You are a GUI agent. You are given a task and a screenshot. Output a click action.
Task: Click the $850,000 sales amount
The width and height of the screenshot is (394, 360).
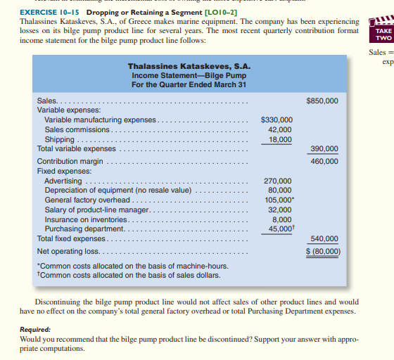322,101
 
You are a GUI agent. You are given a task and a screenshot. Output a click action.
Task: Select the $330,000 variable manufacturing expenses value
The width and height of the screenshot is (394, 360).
277,120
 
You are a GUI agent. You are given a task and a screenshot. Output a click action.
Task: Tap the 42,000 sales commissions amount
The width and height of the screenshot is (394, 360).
280,130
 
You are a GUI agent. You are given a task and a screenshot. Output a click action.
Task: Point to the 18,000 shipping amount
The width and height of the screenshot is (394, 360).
280,140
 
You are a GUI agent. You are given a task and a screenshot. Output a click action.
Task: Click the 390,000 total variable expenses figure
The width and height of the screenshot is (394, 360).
324,149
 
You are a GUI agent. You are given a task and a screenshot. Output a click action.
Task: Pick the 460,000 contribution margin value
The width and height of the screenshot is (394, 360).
324,161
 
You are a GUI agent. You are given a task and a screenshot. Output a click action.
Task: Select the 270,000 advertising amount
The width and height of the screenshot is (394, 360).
278,181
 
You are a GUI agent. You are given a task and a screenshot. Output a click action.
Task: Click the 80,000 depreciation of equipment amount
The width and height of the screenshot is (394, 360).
280,190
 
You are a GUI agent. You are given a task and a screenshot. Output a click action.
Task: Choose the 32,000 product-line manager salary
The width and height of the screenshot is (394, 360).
280,210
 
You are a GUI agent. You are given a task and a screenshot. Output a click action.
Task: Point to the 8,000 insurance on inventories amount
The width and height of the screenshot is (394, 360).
282,219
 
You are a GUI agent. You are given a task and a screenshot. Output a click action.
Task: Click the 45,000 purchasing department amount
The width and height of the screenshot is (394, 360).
279,229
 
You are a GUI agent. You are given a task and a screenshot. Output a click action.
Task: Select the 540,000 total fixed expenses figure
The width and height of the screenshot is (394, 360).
324,238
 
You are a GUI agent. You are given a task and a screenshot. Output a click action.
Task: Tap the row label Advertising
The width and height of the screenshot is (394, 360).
63,181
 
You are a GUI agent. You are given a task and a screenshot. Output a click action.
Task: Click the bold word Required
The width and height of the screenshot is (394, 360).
35,329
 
